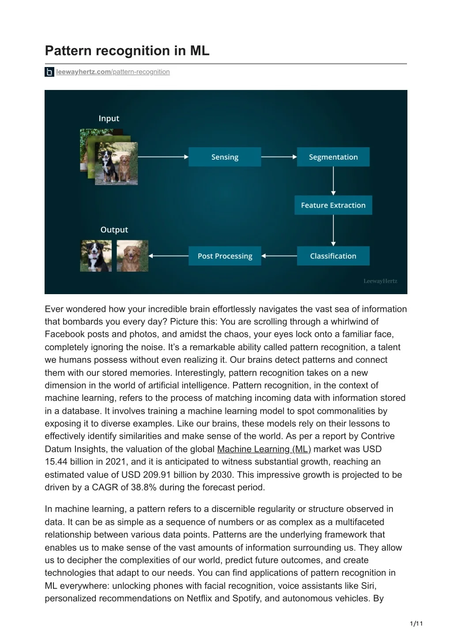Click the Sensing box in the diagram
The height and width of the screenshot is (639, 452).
pyautogui.click(x=225, y=157)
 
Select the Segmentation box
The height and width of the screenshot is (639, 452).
pyautogui.click(x=333, y=157)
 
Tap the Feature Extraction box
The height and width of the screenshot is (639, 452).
pyautogui.click(x=333, y=205)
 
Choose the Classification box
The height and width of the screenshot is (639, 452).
pyautogui.click(x=333, y=256)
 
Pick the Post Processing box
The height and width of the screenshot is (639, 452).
pyautogui.click(x=225, y=256)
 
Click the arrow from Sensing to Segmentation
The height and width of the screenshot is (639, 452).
pyautogui.click(x=279, y=157)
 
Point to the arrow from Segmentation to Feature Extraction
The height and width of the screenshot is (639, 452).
pyautogui.click(x=333, y=181)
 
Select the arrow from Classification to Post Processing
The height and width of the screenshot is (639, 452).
pyautogui.click(x=279, y=256)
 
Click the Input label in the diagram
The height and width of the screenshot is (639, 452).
pyautogui.click(x=109, y=118)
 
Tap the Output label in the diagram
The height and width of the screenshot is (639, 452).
pyautogui.click(x=114, y=230)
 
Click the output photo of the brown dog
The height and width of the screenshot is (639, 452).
pyautogui.click(x=132, y=256)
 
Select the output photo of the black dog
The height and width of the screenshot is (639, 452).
pyautogui.click(x=96, y=256)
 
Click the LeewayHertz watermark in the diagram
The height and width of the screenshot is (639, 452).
pyautogui.click(x=380, y=281)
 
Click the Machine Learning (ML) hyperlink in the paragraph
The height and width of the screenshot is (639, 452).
pyautogui.click(x=264, y=449)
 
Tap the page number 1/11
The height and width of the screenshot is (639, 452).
pyautogui.click(x=416, y=623)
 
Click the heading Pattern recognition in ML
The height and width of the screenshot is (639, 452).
pyautogui.click(x=127, y=51)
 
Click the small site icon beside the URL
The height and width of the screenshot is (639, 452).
pyautogui.click(x=49, y=72)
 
